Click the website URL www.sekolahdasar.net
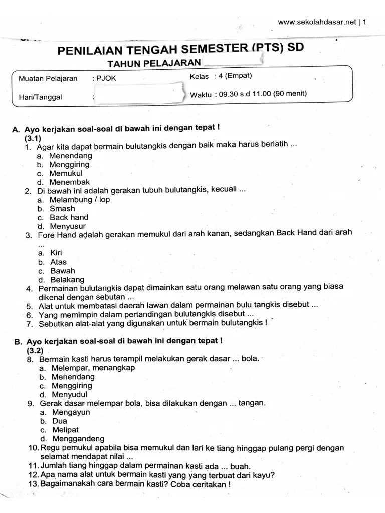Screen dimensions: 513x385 [x=317, y=22]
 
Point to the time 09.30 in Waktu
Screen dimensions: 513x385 [x=230, y=94]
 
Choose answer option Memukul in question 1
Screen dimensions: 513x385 [x=66, y=173]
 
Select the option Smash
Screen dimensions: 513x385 [x=62, y=208]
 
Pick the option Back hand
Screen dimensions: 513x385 [x=69, y=217]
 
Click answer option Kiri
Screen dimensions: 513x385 [x=56, y=253]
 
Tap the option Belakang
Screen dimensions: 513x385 [x=67, y=280]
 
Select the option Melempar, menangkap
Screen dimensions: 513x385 [x=93, y=368]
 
